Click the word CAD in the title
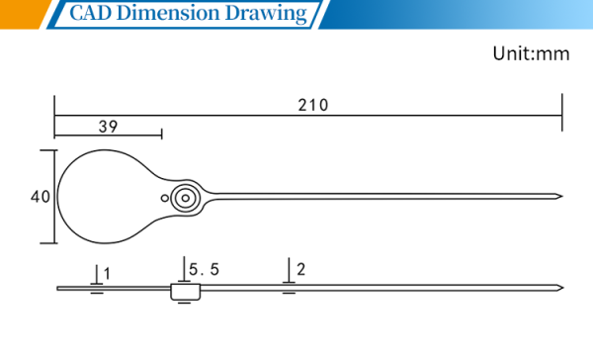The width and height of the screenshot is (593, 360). [91, 13]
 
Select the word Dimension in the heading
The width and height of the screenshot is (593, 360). [168, 13]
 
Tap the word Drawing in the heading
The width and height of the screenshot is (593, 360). [266, 14]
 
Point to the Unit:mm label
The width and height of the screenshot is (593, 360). [531, 53]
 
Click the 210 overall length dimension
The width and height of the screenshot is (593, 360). [312, 105]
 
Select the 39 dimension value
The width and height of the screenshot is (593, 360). [108, 127]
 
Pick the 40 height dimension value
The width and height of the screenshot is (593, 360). [41, 197]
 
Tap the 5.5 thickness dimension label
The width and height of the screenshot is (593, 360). [204, 270]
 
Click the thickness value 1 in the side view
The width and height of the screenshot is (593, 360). [107, 274]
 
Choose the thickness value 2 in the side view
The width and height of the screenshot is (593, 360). [301, 269]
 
